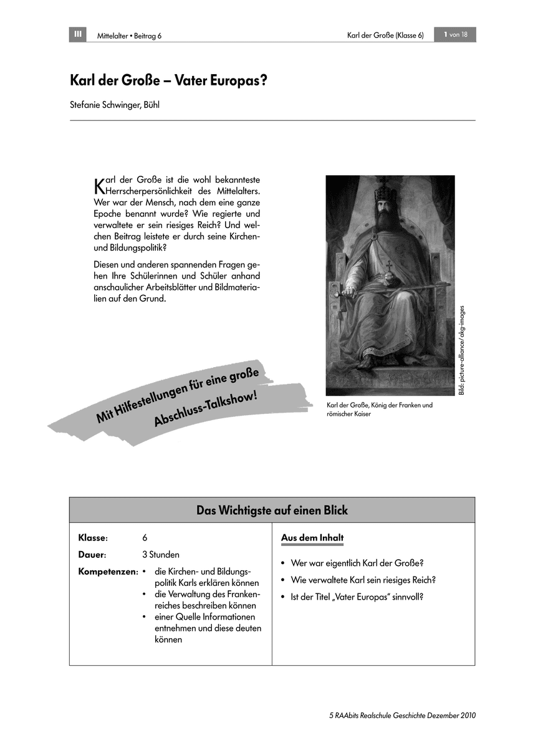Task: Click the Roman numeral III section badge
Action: click(78, 34)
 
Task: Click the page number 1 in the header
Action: click(446, 34)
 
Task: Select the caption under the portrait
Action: click(379, 410)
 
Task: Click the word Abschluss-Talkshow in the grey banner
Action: click(206, 410)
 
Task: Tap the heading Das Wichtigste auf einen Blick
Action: click(272, 511)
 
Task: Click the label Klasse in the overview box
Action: click(93, 538)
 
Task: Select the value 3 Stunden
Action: click(161, 554)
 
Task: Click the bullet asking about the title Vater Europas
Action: click(357, 597)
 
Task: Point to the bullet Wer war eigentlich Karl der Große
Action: click(357, 563)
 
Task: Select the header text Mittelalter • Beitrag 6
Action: click(129, 36)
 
